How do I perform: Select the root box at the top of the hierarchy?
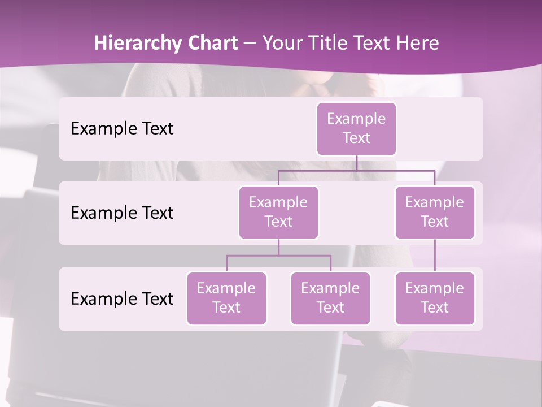356,129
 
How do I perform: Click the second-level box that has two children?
278,213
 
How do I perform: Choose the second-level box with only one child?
435,213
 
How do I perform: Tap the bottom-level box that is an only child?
435,298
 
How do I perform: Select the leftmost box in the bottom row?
226,298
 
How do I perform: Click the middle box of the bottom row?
330,298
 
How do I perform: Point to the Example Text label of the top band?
122,129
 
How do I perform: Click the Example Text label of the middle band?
122,213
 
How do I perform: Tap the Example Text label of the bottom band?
122,299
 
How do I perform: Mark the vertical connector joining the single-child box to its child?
435,256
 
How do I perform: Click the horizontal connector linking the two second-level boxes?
356,170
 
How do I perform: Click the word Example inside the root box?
356,119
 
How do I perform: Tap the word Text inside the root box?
356,138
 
